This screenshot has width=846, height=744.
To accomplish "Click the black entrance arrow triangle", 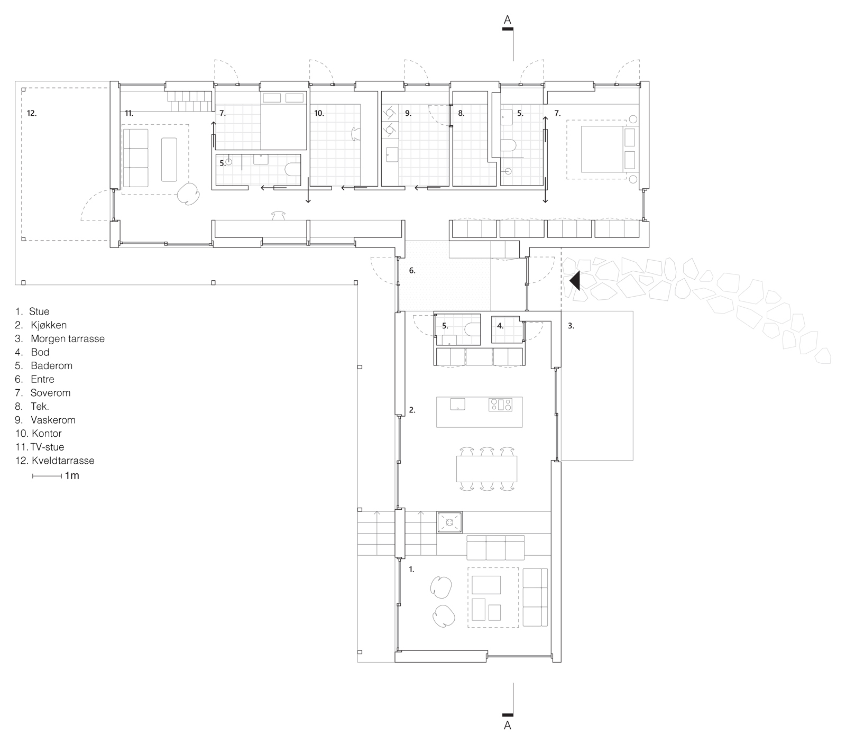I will coord(575,280).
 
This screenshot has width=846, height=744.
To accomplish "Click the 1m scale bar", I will coord(47,476).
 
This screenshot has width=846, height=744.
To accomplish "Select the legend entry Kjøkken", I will coord(48,325).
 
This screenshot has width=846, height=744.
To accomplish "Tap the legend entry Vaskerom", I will coord(52,420).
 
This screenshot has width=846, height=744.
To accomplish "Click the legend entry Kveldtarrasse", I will coord(62,461).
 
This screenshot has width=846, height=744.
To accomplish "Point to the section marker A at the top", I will coord(508,21).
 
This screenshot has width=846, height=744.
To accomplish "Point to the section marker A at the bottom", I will coord(508,725).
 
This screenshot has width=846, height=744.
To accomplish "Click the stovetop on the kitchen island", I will coord(501,405).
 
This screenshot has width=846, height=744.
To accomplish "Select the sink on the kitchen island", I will coord(457,405).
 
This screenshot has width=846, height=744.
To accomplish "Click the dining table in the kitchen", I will coord(486,469).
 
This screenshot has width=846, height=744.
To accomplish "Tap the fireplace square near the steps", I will coord(449,522).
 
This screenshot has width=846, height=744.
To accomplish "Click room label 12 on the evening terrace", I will coord(32,113).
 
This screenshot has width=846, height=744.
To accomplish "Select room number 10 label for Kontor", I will coord(319,113).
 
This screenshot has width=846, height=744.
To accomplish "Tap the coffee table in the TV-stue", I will coord(169,160).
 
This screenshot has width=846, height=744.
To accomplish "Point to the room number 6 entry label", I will coord(412,271).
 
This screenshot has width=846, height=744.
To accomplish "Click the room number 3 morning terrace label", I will coord(571,326).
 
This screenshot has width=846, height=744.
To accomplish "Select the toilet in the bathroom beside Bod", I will coord(471,329).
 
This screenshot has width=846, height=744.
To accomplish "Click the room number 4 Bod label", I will coord(500,326).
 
